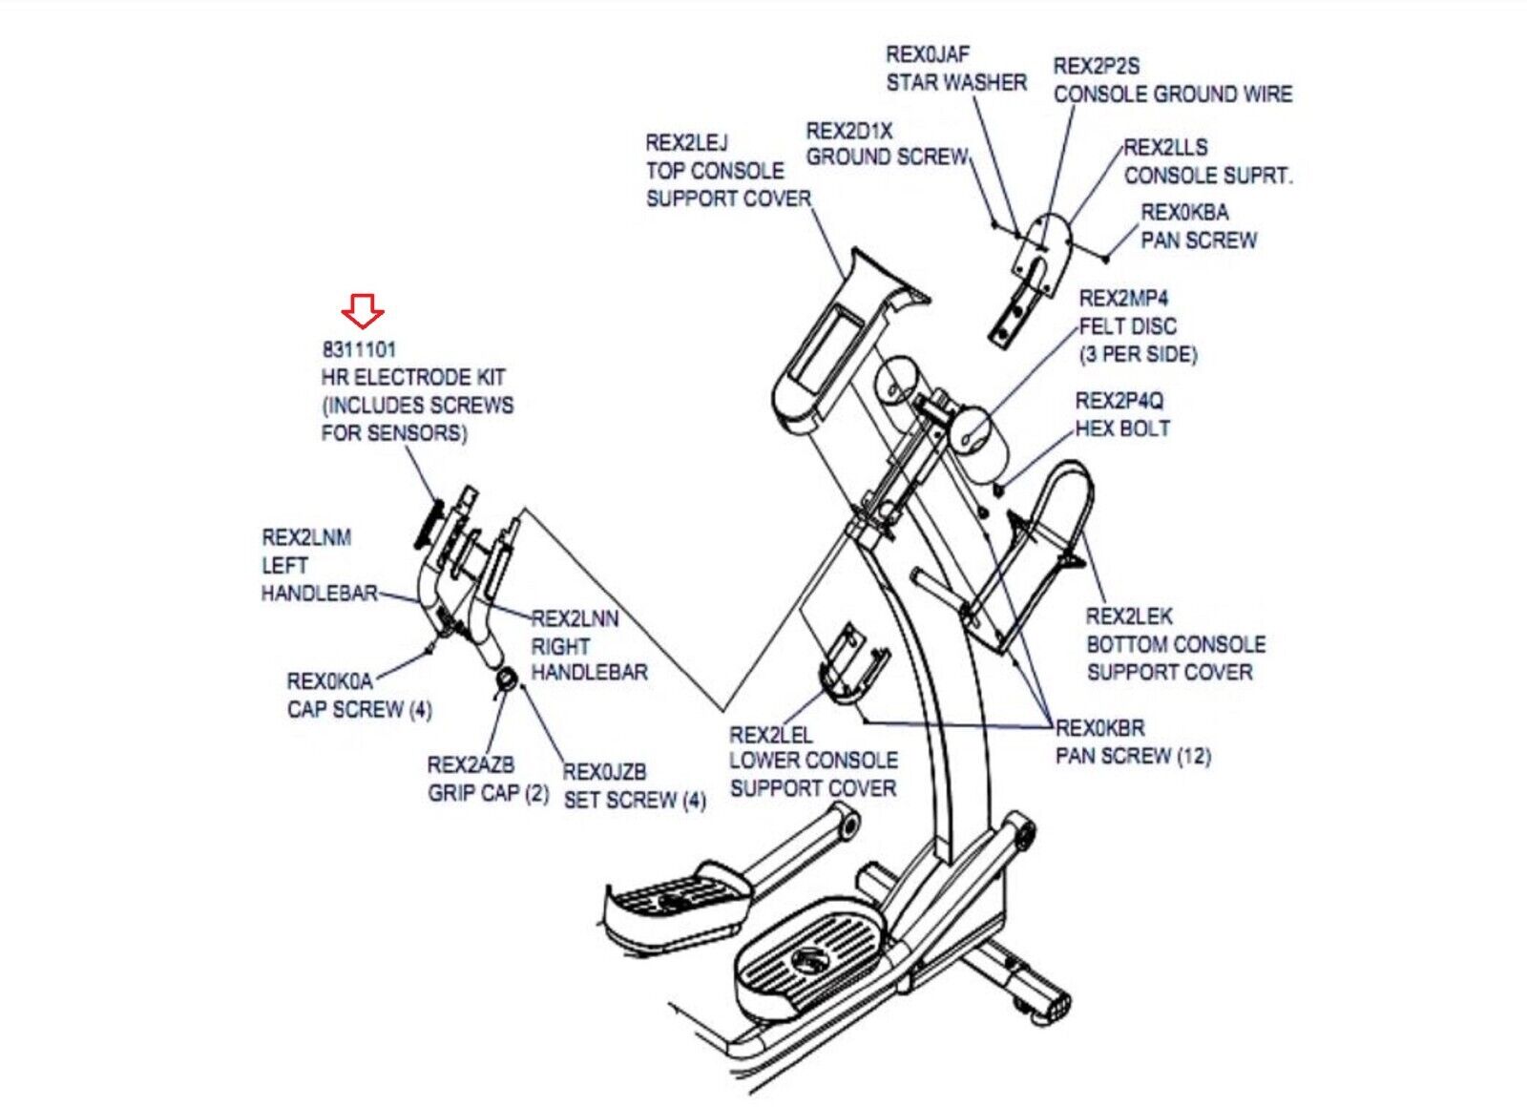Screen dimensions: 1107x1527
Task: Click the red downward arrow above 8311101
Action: click(363, 311)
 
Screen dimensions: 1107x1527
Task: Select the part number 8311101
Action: click(359, 349)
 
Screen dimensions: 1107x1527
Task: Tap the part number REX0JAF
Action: click(928, 54)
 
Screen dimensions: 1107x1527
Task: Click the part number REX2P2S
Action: click(1097, 66)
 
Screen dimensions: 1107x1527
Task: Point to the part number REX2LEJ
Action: click(686, 143)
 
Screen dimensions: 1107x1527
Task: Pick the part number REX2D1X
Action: click(849, 130)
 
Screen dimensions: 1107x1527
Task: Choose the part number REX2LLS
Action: click(1165, 147)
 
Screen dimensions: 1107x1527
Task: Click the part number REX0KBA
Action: click(1184, 212)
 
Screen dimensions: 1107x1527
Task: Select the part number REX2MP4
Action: click(1123, 298)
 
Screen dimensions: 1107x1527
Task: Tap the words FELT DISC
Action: click(1128, 326)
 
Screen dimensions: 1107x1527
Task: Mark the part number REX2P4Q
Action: click(1119, 401)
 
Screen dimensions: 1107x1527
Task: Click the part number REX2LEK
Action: click(1129, 616)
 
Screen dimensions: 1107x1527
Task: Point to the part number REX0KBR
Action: click(1099, 728)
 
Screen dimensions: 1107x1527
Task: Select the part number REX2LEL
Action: click(771, 735)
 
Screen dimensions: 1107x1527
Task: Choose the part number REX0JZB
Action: click(605, 771)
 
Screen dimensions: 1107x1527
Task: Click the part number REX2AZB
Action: click(471, 764)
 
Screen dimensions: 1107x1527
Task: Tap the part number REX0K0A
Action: click(329, 681)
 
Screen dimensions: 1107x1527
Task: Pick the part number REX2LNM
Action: click(306, 537)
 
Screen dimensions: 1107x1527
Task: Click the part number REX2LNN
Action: click(575, 618)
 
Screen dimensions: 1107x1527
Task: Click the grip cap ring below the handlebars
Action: click(508, 679)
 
